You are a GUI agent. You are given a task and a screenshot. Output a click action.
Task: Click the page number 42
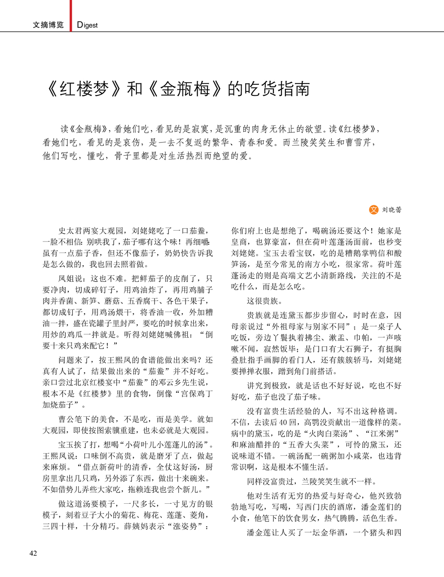[33, 553]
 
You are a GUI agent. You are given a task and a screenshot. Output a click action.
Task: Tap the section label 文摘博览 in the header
[48, 25]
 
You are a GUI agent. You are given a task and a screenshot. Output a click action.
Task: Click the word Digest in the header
[87, 25]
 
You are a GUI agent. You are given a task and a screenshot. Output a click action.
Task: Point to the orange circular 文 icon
[374, 209]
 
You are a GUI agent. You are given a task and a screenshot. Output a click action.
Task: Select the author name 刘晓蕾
[392, 210]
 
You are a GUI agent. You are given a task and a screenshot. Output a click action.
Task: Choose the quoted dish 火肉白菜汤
[329, 433]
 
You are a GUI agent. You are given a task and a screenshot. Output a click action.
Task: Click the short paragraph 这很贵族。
[264, 301]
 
